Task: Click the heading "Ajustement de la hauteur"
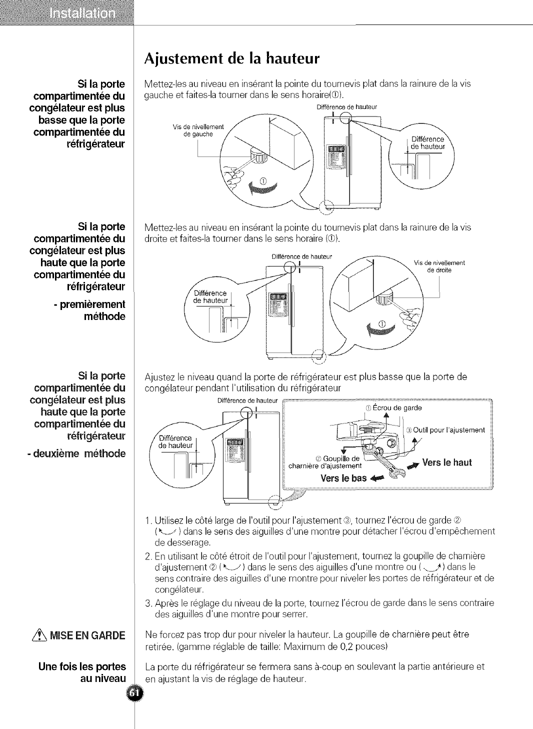tap(231, 58)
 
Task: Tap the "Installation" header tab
tap(82, 13)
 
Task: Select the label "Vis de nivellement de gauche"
tap(198, 130)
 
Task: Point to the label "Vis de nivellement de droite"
tap(439, 266)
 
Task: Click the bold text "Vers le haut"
tap(446, 462)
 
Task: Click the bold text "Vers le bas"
tap(343, 478)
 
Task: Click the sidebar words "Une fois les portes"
tap(82, 666)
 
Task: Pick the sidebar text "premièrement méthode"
tap(92, 310)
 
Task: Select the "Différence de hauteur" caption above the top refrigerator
tap(346, 107)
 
